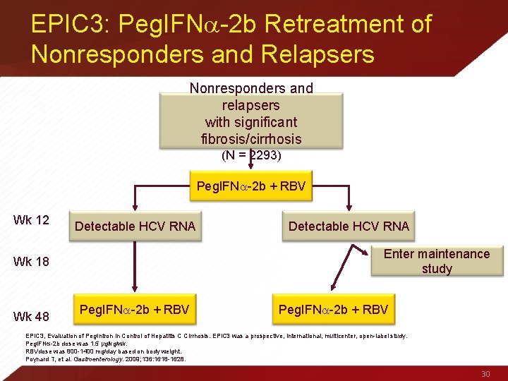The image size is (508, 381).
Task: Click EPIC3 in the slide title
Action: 65,25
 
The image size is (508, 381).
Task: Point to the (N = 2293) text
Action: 251,155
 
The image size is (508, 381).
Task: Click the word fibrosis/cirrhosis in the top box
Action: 251,138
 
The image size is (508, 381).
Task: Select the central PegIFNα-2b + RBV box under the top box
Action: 251,187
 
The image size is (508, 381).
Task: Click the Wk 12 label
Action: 31,220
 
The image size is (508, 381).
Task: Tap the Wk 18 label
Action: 31,262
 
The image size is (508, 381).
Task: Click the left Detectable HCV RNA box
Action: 135,226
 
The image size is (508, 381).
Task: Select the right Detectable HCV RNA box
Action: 349,226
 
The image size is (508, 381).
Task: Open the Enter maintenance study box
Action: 436,261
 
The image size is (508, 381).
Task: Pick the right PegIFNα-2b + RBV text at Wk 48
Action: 333,310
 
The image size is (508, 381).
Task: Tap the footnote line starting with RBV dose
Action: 104,351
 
